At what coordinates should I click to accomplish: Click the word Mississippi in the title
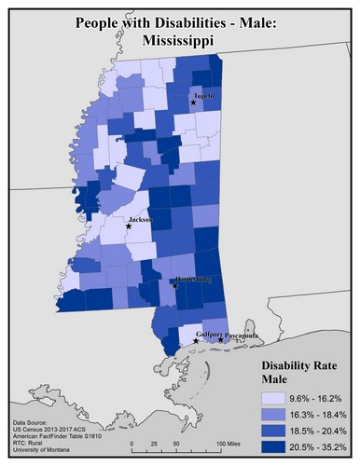181,42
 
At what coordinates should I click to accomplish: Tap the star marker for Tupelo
193,103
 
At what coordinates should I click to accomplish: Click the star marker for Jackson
129,226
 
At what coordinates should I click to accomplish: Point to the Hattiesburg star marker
175,286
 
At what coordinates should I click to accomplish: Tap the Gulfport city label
209,334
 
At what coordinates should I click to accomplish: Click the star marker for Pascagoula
220,340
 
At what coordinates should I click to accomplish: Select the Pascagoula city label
242,335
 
